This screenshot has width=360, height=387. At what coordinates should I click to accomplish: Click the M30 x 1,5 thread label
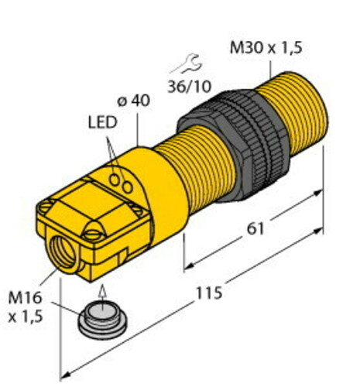point(266,48)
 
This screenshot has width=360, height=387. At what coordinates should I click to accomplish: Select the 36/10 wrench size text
point(189,87)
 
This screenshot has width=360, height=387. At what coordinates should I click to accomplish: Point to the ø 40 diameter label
point(133,101)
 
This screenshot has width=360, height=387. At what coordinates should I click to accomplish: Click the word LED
point(103,122)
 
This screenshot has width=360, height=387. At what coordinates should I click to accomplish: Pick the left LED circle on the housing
point(115,180)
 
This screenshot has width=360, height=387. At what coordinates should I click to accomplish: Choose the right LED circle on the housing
point(128,187)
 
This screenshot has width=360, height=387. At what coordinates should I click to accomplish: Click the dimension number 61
point(255,228)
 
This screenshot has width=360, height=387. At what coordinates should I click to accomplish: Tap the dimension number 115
point(209,293)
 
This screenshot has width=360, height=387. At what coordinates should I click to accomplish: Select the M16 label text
point(25,297)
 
